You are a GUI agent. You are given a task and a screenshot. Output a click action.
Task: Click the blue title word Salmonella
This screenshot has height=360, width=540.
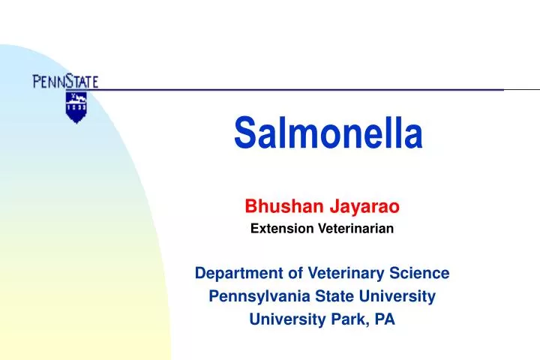point(328,133)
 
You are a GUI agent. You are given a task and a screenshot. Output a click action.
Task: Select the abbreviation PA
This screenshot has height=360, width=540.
point(385,319)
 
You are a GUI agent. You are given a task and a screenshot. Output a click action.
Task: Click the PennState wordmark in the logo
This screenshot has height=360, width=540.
point(65,80)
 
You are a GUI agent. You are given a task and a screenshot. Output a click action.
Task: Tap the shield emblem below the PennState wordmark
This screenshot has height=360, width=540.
point(72,106)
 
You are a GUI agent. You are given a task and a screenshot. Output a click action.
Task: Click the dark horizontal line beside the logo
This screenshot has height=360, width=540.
point(300,89)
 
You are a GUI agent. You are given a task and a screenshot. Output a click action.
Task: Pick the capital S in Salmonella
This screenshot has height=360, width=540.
point(243,133)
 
